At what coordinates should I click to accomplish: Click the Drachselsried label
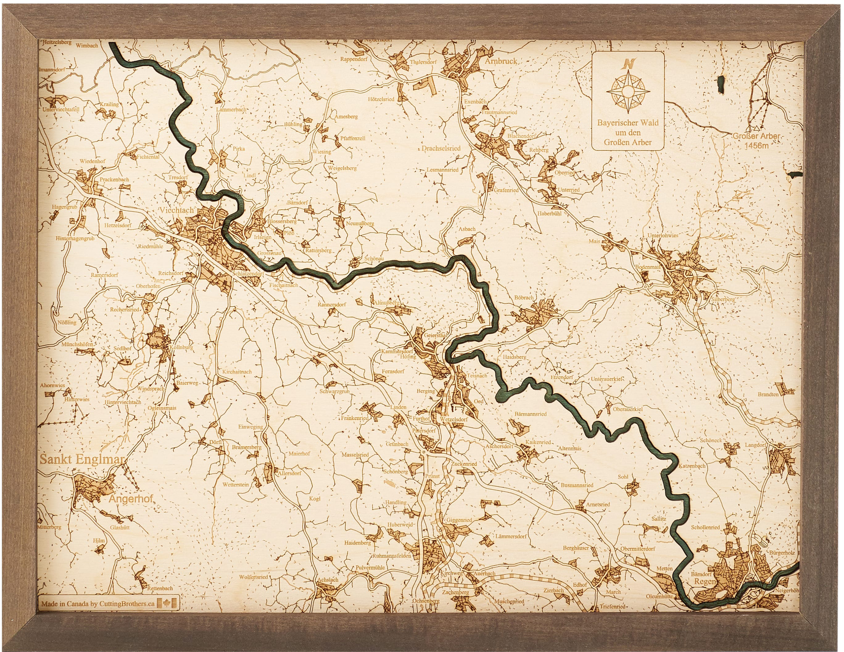coord(441,148)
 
